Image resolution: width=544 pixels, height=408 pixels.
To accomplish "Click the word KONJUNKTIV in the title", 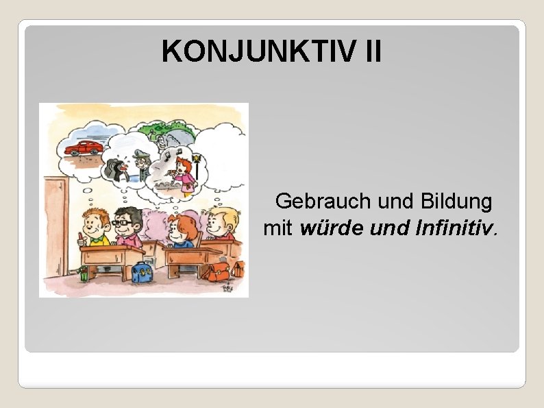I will (x=253, y=51).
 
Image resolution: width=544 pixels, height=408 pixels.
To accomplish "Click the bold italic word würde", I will (x=332, y=228).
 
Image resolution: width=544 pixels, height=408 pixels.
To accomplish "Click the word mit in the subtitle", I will (x=278, y=228).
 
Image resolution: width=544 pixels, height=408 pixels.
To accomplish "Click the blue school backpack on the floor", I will (x=142, y=272).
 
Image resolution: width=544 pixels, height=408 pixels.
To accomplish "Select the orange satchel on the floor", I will (x=219, y=272).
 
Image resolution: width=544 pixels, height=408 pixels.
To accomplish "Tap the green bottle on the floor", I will (x=84, y=274).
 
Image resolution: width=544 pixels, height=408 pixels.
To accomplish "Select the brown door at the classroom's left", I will (x=55, y=226).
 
